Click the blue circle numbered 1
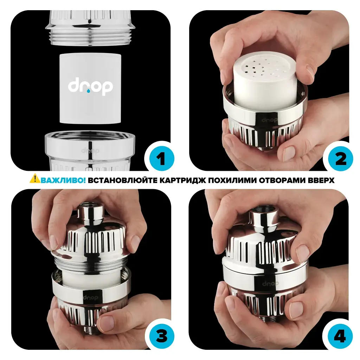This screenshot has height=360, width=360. (161, 159)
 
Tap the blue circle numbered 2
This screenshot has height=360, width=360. (340, 159)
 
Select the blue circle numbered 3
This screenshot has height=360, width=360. (161, 337)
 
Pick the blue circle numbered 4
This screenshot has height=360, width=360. (340, 337)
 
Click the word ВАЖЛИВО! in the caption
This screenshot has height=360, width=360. (63, 180)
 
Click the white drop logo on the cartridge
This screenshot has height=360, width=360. (90, 87)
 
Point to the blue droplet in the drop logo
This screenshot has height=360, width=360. (88, 91)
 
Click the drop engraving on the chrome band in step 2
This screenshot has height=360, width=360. (269, 120)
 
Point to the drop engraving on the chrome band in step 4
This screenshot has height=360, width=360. (270, 284)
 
